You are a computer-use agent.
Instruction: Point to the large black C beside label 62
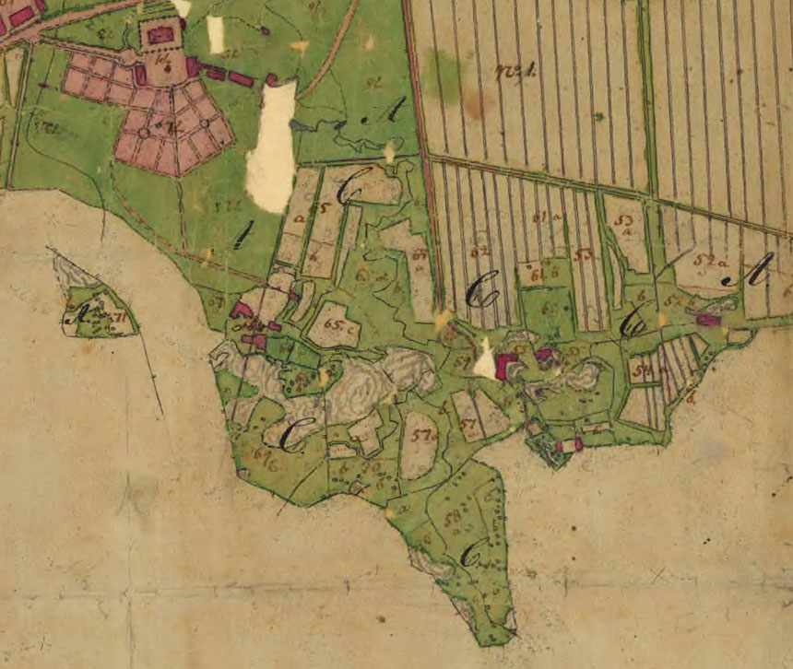coord(480,293)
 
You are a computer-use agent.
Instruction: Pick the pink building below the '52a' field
coord(707,320)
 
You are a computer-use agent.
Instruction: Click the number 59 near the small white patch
coord(462,361)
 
